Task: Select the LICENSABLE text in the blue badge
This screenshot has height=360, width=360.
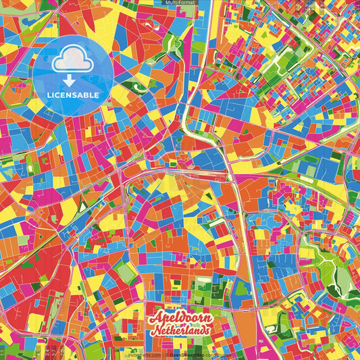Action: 74,95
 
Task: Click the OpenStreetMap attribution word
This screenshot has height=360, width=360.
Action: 184,355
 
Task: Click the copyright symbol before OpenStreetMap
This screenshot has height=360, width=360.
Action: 166,355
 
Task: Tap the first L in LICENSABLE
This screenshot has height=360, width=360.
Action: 51,95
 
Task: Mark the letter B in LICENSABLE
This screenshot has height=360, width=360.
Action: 88,95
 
